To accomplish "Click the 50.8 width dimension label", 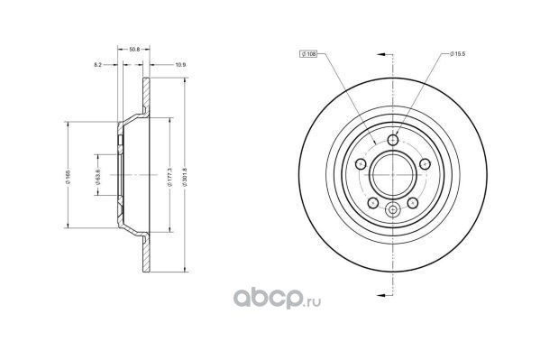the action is (134, 50).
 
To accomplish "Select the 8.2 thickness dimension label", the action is (97, 64).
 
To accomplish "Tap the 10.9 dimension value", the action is (180, 64).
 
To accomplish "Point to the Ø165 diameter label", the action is (69, 176).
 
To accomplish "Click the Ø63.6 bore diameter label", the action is (97, 176).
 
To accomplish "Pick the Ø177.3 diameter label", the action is (169, 176).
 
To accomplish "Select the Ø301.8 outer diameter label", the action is (185, 176).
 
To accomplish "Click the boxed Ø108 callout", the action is (308, 54).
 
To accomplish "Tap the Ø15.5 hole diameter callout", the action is (458, 54).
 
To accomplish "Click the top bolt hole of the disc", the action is (393, 140).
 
